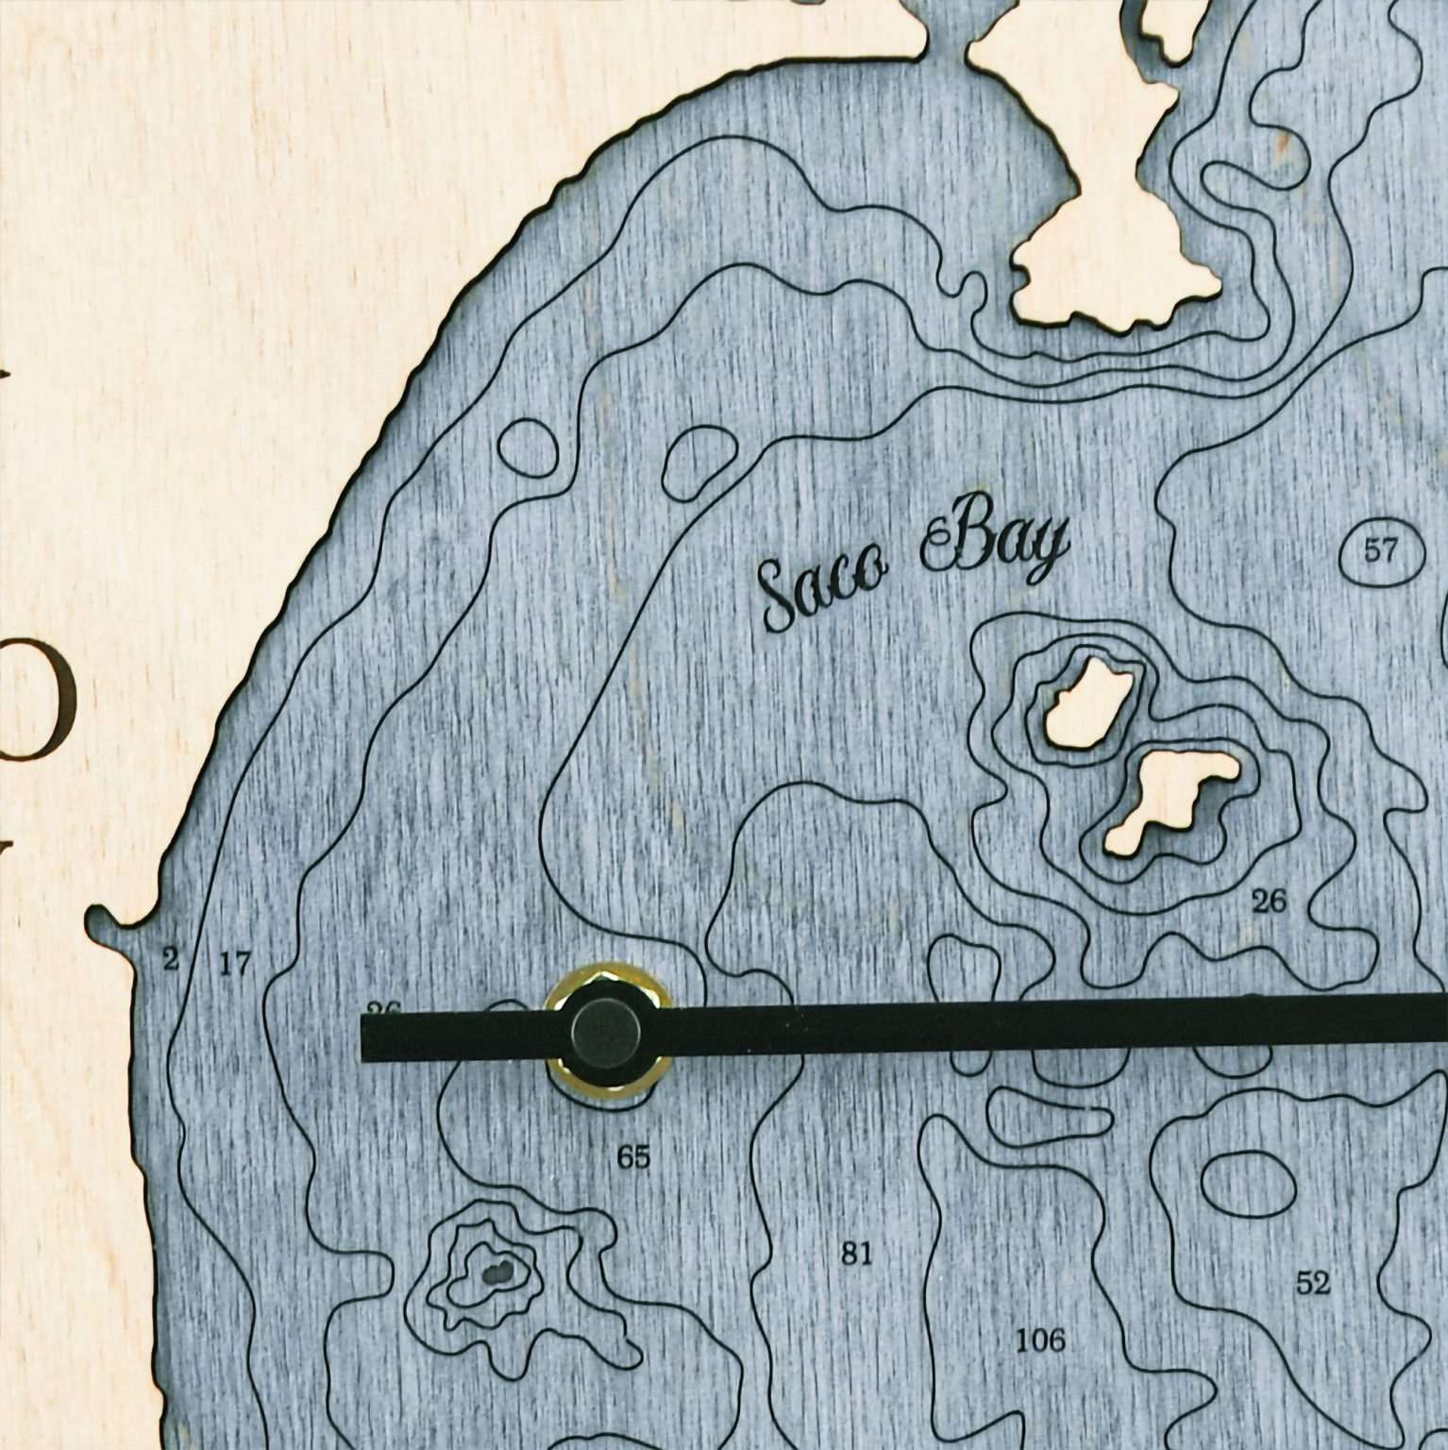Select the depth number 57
[1380, 550]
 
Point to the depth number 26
[1269, 902]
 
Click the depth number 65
[633, 1156]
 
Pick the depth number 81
[857, 1254]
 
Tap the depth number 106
[1040, 1339]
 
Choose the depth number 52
[1313, 1283]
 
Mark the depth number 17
[236, 964]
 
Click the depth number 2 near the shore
[170, 961]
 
